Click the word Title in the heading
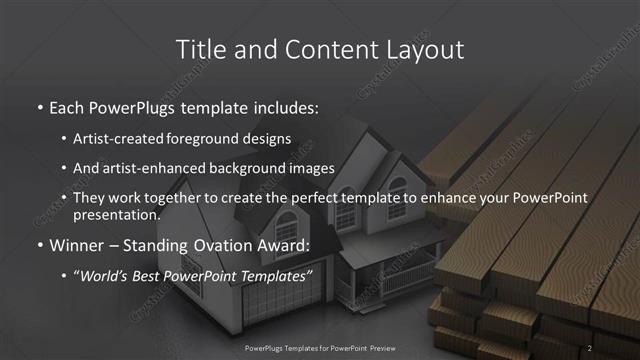197,49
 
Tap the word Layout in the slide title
426,49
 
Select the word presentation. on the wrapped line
116,214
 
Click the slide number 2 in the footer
590,348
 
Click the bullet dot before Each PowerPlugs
39,107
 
